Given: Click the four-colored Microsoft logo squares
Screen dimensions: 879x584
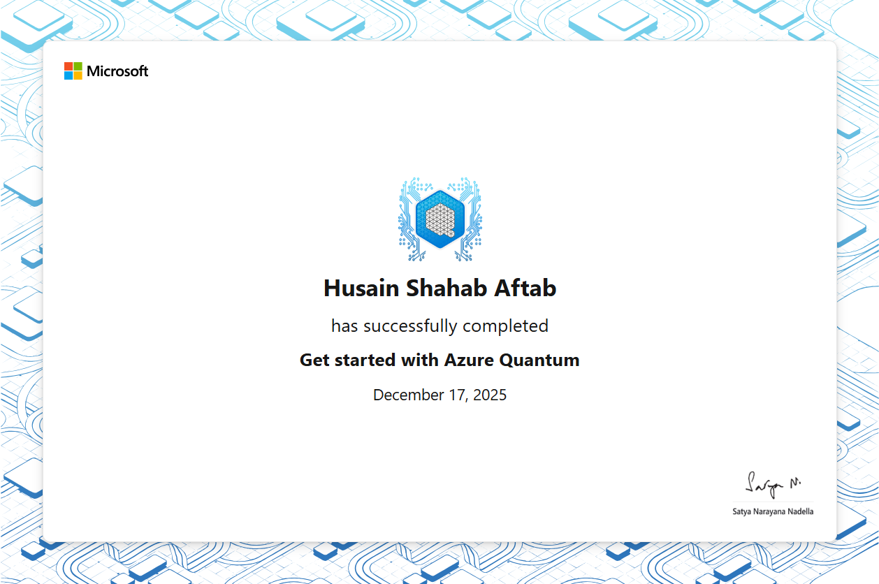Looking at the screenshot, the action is (73, 71).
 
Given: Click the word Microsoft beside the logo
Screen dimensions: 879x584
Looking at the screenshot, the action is (117, 71).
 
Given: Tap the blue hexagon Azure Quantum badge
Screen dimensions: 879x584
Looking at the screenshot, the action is (440, 219).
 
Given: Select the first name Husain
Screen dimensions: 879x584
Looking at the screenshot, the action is (361, 289).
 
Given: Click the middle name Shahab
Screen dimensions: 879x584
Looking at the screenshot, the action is (446, 289).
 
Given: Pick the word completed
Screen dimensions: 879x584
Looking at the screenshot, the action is (505, 326).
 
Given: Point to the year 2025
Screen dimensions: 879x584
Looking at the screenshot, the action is (490, 395).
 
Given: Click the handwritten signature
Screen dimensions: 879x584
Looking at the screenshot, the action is (772, 486).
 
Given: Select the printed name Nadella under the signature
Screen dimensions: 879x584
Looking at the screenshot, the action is (801, 511).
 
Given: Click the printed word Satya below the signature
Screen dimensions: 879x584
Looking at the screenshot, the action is (741, 512).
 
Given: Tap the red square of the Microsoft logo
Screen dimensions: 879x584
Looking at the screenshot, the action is (68, 66).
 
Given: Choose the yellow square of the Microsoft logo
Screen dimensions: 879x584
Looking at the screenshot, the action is (78, 75).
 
